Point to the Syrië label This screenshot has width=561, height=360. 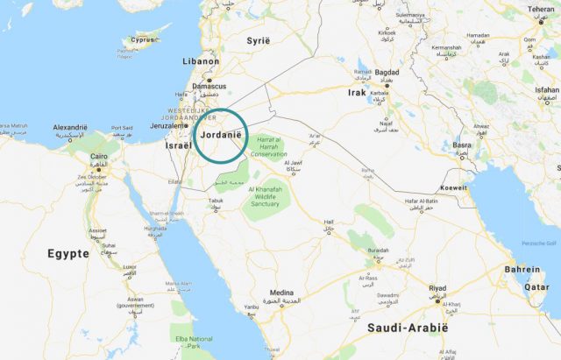click(x=258, y=42)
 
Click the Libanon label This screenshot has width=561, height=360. click(x=200, y=62)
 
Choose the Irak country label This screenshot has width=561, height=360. click(x=357, y=92)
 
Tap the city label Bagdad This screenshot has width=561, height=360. click(x=387, y=72)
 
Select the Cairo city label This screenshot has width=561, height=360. click(x=99, y=156)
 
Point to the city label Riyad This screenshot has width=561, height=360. click(x=437, y=288)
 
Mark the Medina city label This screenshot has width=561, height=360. click(x=281, y=293)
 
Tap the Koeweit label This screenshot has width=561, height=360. click(x=454, y=187)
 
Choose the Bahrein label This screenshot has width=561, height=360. click(x=522, y=269)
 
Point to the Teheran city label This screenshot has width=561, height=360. click(x=541, y=10)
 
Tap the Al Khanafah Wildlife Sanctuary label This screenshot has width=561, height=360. click(x=277, y=196)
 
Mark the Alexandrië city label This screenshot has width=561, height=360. click(x=70, y=128)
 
